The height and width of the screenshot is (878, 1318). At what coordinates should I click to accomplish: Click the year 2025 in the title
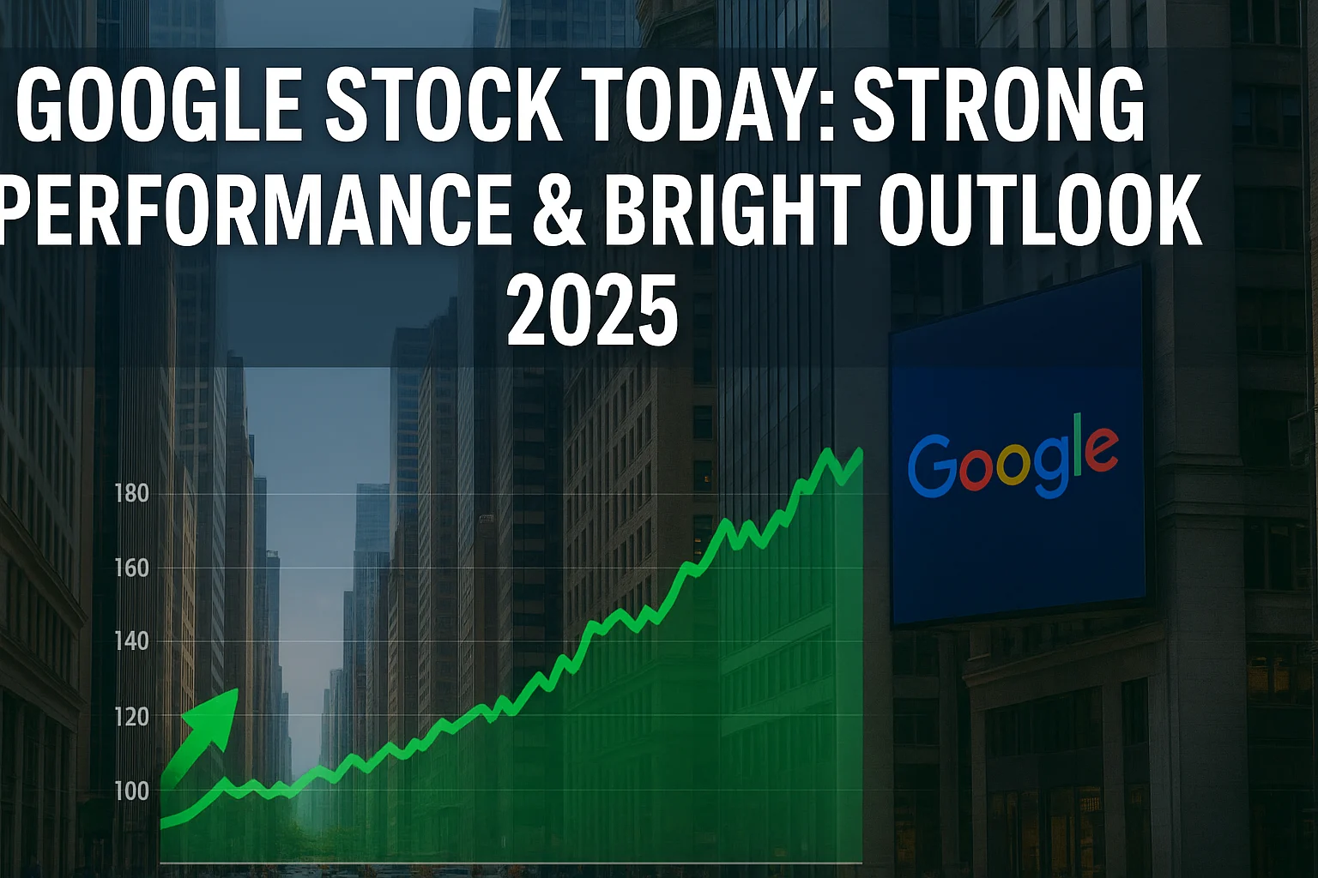click(593, 313)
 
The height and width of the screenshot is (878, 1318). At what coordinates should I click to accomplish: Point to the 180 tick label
click(132, 493)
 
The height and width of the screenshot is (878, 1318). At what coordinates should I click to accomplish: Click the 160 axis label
click(132, 568)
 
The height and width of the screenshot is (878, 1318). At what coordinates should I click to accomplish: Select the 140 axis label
click(132, 641)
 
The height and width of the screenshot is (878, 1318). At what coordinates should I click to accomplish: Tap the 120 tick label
click(132, 718)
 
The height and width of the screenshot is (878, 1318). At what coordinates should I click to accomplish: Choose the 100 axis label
click(132, 791)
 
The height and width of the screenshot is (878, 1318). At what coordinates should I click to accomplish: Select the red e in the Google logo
click(1100, 450)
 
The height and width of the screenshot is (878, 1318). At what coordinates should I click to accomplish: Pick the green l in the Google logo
click(1078, 444)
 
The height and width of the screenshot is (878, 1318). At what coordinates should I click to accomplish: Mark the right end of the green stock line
click(861, 452)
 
